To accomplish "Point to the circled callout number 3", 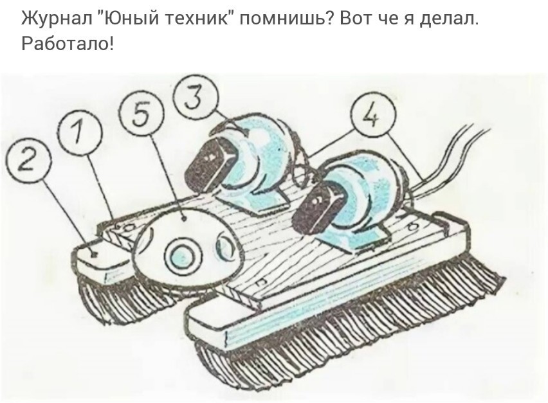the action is click(x=196, y=96).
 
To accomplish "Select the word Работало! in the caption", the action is click(x=68, y=44).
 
